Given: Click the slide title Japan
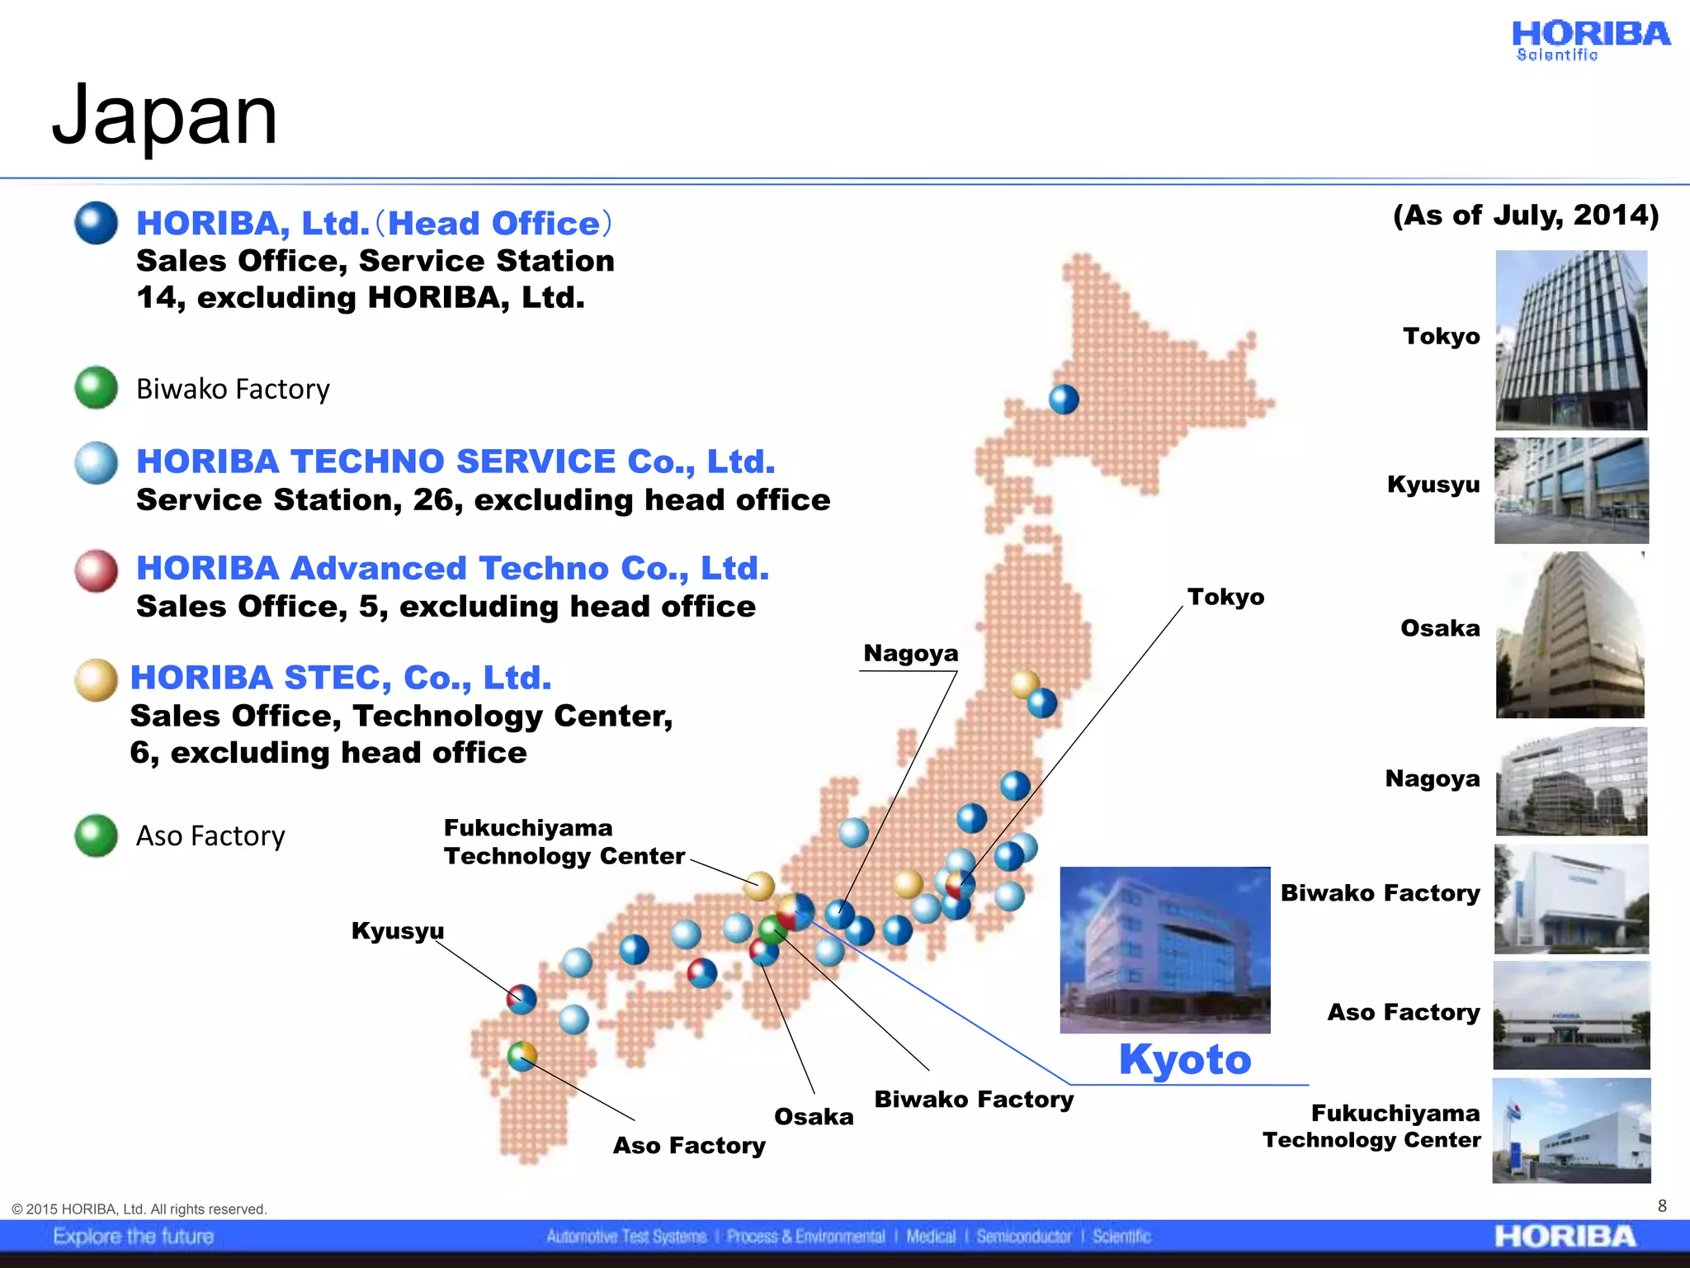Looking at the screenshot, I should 165,116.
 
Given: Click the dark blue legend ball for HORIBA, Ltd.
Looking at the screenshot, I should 97,223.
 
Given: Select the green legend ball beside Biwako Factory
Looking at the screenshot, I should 97,387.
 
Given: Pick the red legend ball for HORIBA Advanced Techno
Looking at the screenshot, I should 97,570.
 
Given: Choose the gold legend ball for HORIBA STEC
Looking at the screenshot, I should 97,679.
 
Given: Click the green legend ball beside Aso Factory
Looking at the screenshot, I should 97,835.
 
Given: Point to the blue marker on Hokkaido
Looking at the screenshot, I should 1064,400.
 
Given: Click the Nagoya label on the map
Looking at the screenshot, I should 910,654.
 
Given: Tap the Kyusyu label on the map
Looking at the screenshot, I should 398,930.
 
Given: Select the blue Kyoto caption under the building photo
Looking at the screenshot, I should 1185,1059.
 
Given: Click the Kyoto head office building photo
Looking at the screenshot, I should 1165,949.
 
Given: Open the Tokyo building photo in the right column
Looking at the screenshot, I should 1571,339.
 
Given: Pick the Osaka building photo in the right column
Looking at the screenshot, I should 1570,634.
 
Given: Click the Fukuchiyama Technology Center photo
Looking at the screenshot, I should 1571,1130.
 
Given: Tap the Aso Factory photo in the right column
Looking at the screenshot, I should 1571,1015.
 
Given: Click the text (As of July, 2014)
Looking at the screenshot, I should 1526,215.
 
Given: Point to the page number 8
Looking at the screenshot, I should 1662,1206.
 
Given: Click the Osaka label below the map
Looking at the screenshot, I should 814,1117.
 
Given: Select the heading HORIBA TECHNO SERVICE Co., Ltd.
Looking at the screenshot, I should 456,461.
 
